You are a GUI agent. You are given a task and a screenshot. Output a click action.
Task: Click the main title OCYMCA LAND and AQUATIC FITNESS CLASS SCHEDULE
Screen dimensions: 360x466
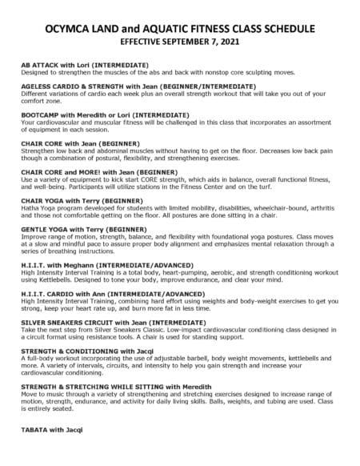[179, 25]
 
